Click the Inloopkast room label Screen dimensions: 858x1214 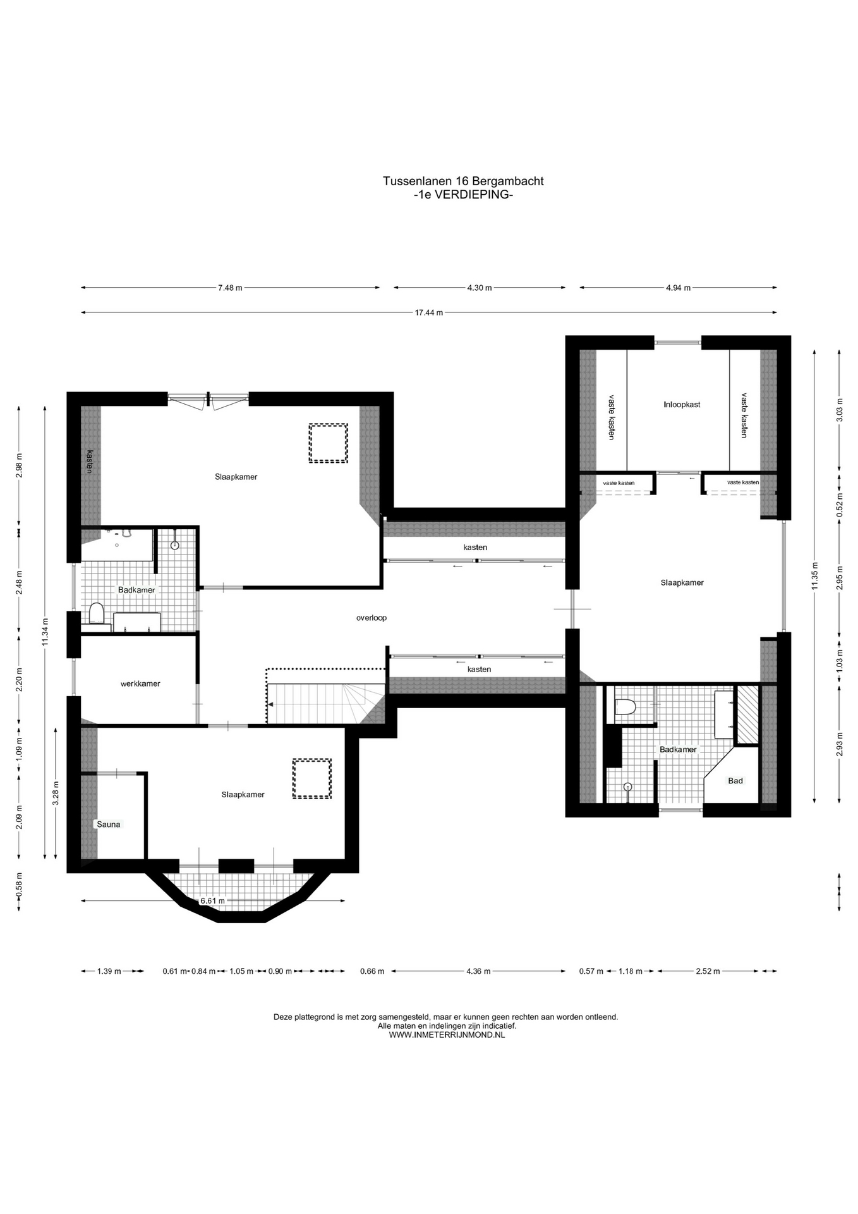click(x=682, y=405)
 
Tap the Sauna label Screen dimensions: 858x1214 click(x=108, y=825)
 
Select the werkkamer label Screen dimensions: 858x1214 click(x=140, y=684)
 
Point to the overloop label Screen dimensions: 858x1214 click(x=372, y=618)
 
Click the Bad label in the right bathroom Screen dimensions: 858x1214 click(x=735, y=781)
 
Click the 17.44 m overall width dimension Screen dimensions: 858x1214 click(x=429, y=312)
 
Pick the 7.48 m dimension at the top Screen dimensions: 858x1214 click(x=230, y=288)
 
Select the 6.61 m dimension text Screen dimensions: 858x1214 click(x=212, y=901)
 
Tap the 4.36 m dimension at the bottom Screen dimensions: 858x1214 click(x=478, y=971)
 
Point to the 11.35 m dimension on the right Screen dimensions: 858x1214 click(x=814, y=575)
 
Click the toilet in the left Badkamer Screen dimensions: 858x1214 click(x=96, y=613)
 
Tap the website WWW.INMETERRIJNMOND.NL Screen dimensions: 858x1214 click(x=447, y=1035)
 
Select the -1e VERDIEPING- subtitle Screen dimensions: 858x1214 click(x=462, y=195)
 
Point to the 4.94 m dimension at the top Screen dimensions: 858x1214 click(x=678, y=288)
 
